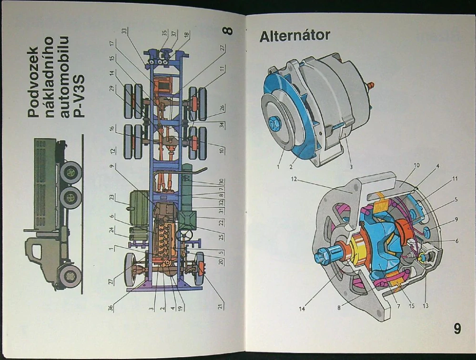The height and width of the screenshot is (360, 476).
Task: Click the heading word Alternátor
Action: click(294, 36)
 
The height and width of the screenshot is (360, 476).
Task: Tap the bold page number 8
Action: click(228, 31)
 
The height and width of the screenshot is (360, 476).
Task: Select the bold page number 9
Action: click(457, 329)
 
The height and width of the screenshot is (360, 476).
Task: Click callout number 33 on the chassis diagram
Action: click(124, 31)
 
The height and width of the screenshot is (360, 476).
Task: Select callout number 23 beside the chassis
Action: click(111, 198)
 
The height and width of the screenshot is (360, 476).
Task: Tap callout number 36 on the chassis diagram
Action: click(111, 308)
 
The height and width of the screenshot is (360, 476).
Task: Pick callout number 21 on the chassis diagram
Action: click(220, 305)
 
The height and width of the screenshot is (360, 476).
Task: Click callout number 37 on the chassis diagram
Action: click(174, 33)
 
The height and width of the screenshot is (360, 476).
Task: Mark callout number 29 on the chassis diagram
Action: click(111, 88)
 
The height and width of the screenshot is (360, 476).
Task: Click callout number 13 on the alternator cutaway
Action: click(425, 305)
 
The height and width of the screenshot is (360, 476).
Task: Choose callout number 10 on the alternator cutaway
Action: click(416, 165)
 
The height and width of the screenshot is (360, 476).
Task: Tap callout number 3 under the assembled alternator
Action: click(351, 167)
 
